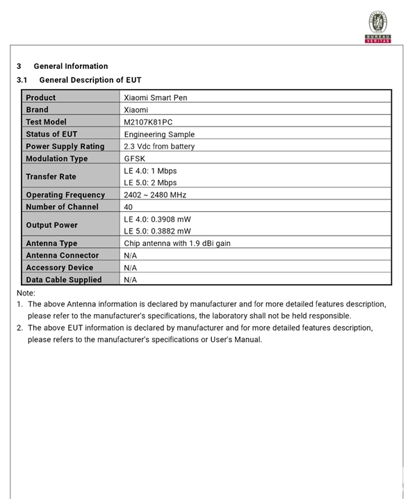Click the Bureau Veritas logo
(x=378, y=26)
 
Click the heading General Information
(x=70, y=66)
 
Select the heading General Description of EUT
(x=90, y=80)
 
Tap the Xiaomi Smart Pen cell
(x=155, y=98)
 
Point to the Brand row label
(x=38, y=110)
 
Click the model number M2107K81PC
(x=148, y=122)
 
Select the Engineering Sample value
(x=159, y=134)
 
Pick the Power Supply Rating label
(x=65, y=147)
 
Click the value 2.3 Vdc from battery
(x=159, y=147)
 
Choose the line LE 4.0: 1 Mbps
(x=150, y=171)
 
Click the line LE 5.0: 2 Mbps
(x=150, y=183)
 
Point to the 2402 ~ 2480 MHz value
(x=155, y=195)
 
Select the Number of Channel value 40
(x=129, y=207)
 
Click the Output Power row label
(x=51, y=225)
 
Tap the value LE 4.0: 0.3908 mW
(x=157, y=220)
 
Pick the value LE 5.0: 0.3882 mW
(x=157, y=231)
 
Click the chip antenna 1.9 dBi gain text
(x=177, y=244)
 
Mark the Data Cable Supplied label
(x=63, y=280)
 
